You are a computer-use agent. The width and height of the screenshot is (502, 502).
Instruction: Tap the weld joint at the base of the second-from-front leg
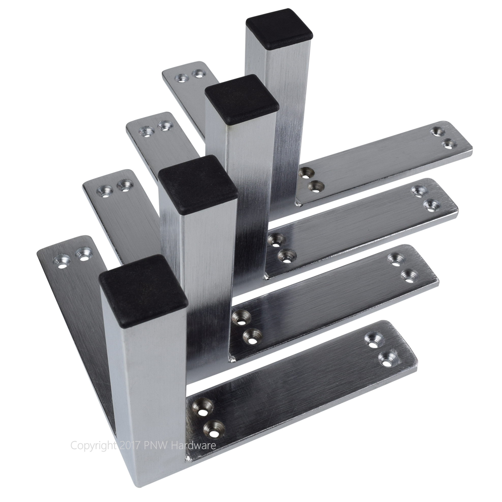(x=231, y=360)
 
